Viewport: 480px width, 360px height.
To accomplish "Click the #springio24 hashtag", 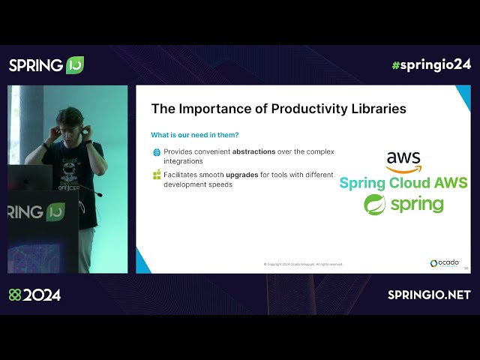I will (x=431, y=64).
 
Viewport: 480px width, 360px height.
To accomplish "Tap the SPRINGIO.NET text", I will (x=429, y=295).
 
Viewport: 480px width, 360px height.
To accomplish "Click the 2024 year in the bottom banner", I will (x=41, y=295).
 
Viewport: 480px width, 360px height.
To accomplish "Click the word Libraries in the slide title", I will (x=377, y=109).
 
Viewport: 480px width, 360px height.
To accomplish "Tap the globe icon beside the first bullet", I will (x=157, y=151).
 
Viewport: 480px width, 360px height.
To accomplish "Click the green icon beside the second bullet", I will (x=157, y=175).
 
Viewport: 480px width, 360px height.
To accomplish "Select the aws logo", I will (x=403, y=161).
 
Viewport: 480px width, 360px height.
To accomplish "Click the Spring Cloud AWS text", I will (x=403, y=183).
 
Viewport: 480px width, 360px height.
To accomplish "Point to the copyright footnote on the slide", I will (x=303, y=264).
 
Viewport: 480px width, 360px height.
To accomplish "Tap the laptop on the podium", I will (x=30, y=178).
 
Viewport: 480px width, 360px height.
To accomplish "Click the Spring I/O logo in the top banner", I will (x=46, y=65).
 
